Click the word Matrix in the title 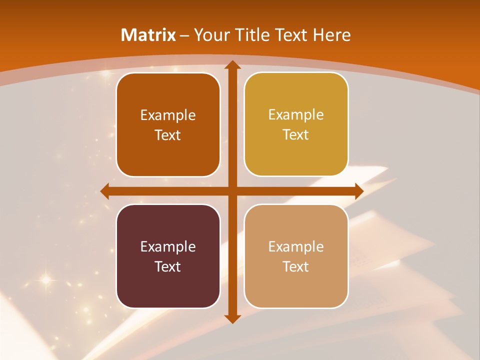click(x=148, y=35)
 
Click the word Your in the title click(x=210, y=35)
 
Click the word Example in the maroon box click(x=168, y=246)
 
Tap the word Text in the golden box click(x=296, y=135)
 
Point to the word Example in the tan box click(x=296, y=246)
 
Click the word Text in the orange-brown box click(x=168, y=135)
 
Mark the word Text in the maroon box click(x=168, y=266)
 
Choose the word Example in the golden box click(x=296, y=115)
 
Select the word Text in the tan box click(x=296, y=266)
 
